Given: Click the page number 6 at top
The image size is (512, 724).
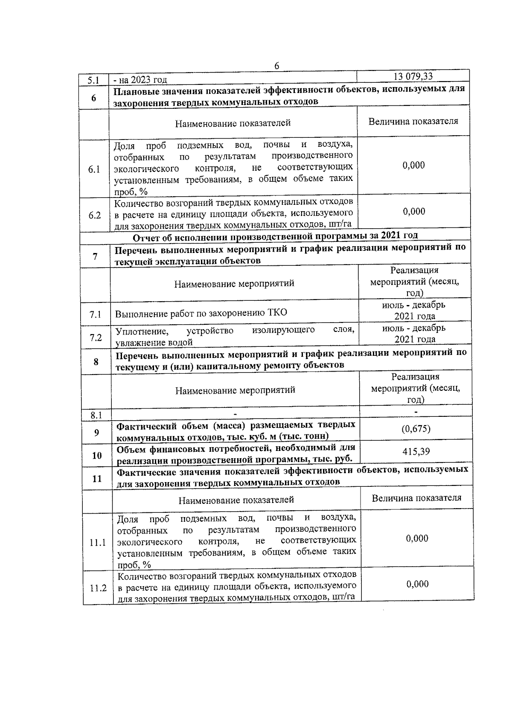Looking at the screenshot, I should coord(276,66).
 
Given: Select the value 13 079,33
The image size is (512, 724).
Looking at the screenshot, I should coord(413,76).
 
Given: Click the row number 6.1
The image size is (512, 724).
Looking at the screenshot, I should coord(94,169).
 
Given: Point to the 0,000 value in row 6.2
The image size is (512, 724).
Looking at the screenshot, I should coord(414,211).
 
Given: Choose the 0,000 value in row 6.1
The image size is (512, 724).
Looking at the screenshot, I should coord(414,165).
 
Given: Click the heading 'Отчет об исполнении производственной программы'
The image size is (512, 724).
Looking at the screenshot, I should coord(275,236).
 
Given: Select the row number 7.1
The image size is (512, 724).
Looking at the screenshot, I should coord(95,315).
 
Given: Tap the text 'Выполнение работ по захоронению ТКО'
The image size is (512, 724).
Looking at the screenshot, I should coord(201,313).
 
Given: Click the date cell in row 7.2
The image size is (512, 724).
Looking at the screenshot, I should coord(414,334).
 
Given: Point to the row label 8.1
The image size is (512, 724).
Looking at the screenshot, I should coord(96,414).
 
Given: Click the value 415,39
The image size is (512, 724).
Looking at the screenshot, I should coord(416,451).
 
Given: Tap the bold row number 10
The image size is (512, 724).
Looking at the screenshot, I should coord(97,455).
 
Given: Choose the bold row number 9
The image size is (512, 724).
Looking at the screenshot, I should coord(96,433).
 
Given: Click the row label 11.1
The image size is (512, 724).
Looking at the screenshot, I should coord(98,543).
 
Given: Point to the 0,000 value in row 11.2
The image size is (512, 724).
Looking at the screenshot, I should coord(417,584).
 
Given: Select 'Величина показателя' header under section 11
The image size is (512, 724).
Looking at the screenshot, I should coord(416,498).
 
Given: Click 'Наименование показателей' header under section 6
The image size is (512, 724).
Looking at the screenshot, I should coord(233,123).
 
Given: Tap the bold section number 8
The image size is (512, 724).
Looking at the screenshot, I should coord(96,362).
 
